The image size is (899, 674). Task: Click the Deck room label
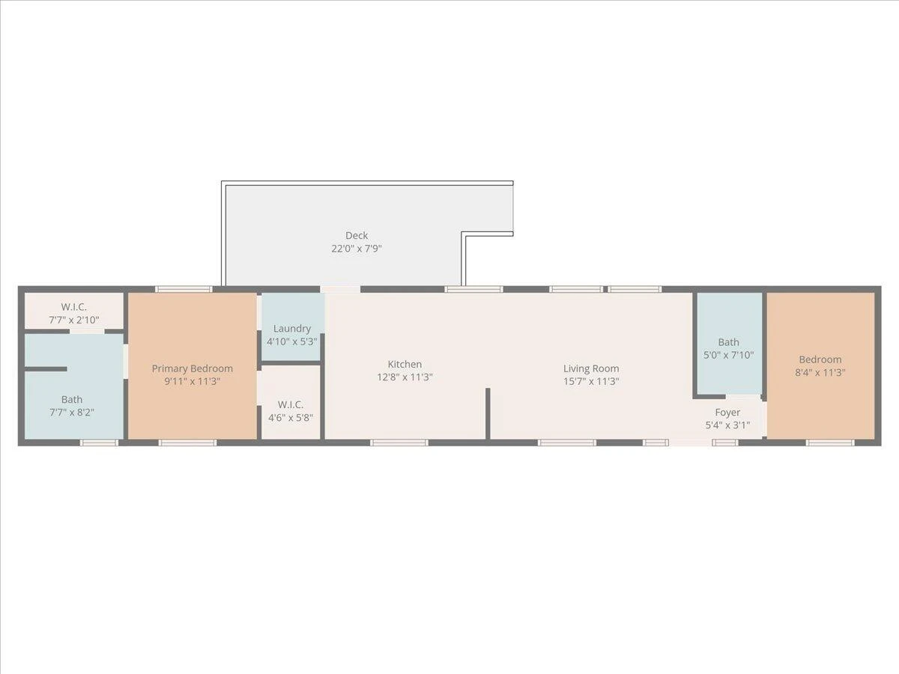[357, 235]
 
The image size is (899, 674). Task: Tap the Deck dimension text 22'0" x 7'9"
[357, 249]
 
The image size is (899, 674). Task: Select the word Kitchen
[405, 364]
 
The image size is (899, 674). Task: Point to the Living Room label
[591, 368]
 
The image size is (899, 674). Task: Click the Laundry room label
[292, 329]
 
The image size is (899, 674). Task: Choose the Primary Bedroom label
[192, 368]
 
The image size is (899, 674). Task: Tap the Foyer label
[727, 413]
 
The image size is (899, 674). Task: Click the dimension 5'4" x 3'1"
[727, 425]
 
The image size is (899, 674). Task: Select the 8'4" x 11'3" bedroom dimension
[820, 372]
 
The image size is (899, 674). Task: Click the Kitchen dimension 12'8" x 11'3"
[405, 377]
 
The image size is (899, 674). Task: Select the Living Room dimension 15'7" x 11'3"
[591, 381]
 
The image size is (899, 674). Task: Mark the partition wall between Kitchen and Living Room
[488, 413]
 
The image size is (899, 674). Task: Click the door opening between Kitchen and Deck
[340, 289]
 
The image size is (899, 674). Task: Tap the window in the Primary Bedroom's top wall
[184, 289]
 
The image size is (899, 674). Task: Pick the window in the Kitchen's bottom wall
[399, 443]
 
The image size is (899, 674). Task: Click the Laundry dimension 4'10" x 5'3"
[292, 341]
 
